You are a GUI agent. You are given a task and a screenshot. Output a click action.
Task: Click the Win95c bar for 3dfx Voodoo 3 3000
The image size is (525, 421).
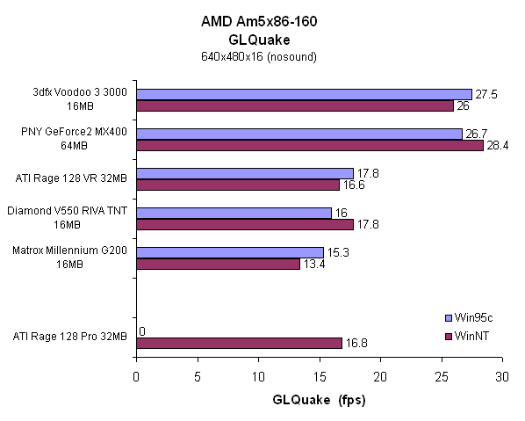pos(304,94)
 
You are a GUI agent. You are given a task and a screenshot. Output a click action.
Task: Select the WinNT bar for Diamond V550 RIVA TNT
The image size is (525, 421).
pos(244,224)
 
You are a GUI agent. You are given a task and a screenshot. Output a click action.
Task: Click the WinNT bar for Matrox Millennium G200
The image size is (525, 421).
pos(218,264)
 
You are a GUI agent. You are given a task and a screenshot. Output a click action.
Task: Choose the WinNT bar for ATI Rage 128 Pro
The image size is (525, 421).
pos(238,343)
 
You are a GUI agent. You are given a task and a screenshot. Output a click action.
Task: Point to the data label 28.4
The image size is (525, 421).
pos(497,146)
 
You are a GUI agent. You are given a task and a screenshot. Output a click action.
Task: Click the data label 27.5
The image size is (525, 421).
pos(485,94)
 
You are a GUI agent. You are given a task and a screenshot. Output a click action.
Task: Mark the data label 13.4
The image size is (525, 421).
pos(313,265)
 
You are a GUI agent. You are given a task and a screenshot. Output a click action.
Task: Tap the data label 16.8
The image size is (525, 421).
pos(355,343)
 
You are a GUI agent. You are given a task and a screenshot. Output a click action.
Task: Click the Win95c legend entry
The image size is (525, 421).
pos(471,317)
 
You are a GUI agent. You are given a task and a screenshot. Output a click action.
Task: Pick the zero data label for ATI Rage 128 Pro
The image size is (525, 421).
pos(142,332)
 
